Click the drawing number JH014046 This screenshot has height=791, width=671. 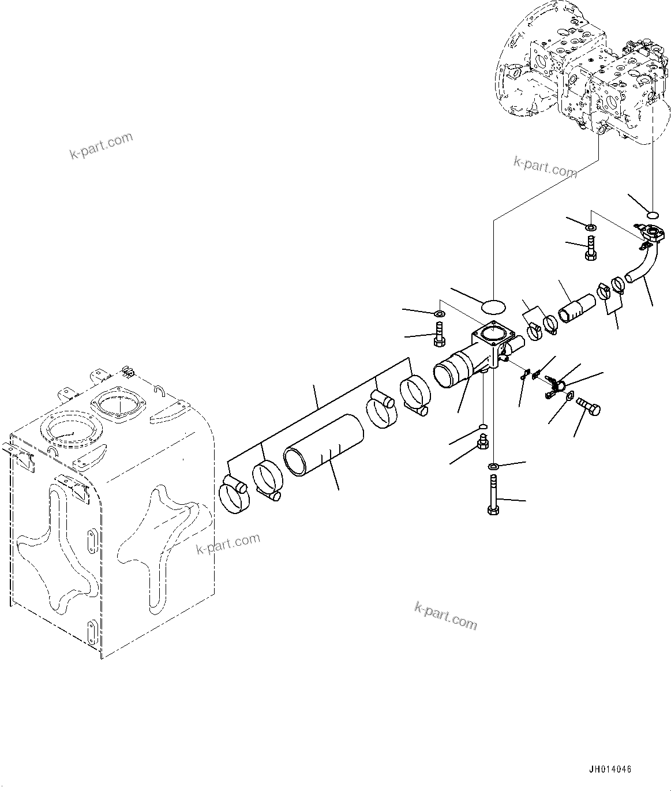tap(610, 770)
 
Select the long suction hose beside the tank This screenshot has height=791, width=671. tap(324, 447)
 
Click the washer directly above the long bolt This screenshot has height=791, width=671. tap(494, 466)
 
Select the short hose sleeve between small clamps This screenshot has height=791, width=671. tap(576, 307)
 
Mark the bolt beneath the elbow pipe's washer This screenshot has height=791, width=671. tap(590, 248)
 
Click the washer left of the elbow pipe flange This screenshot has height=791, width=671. tap(590, 226)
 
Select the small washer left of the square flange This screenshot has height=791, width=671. tap(439, 314)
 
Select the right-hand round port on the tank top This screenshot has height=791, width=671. tap(118, 403)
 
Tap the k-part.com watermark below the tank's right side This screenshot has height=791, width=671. tap(228, 543)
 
